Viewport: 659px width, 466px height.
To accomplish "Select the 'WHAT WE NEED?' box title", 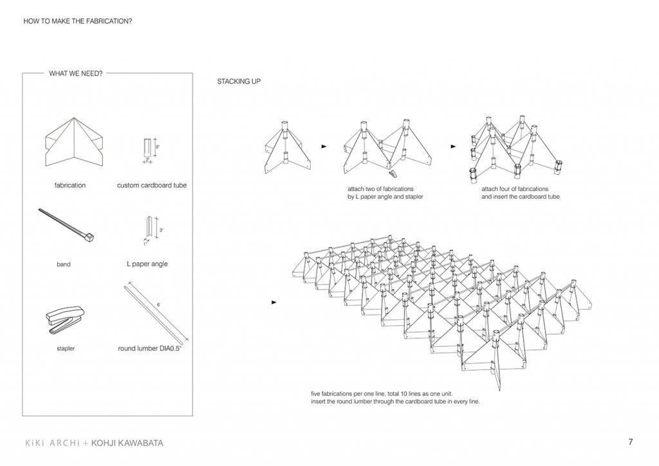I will [75, 73].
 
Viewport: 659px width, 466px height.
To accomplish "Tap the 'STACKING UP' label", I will [239, 82].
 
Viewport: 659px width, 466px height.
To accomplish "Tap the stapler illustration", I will [64, 319].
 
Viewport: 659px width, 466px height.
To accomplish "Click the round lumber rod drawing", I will [155, 310].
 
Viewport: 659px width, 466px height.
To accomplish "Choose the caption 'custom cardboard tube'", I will [152, 185].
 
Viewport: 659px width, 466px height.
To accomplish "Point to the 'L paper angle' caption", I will [147, 264].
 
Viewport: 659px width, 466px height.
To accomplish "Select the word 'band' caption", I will [64, 264].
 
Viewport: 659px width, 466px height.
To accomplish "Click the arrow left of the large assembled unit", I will [276, 302].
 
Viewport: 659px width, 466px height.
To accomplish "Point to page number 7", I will [630, 442].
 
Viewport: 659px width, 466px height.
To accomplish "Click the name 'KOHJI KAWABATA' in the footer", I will [127, 443].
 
